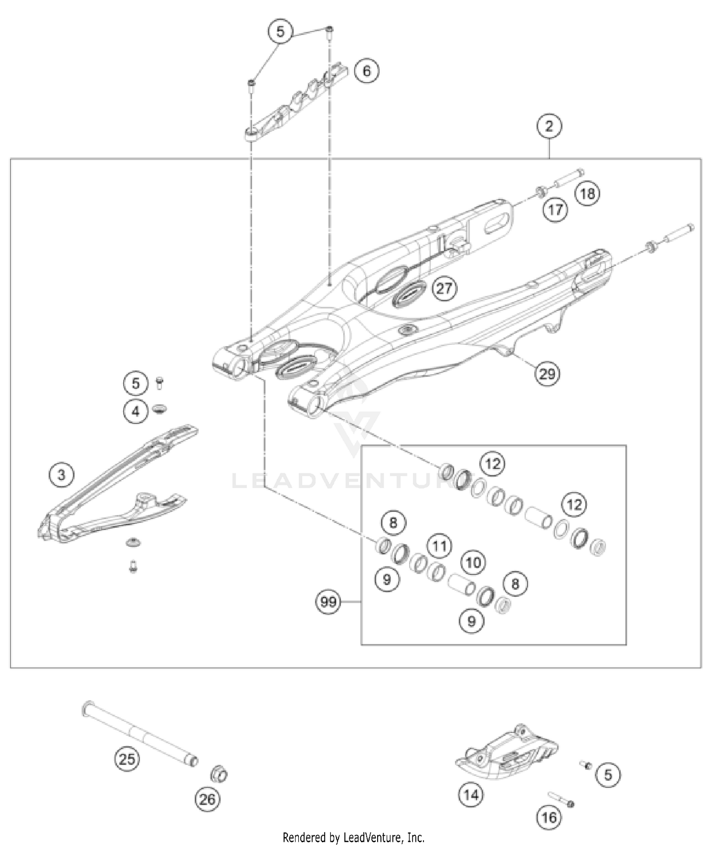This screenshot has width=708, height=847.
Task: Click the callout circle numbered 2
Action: [x=549, y=127]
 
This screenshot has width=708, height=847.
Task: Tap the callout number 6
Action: [x=367, y=71]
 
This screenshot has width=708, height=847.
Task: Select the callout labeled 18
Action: [x=588, y=194]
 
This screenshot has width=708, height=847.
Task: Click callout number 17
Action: [x=555, y=210]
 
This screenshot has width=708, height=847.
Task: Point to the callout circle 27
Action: [x=444, y=288]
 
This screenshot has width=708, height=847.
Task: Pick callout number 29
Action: [x=547, y=374]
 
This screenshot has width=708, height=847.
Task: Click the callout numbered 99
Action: [x=329, y=602]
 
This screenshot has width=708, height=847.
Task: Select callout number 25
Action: [x=126, y=760]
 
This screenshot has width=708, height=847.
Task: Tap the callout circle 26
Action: [x=207, y=799]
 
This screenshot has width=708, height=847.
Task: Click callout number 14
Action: [x=471, y=796]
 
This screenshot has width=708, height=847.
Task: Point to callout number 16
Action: [x=549, y=817]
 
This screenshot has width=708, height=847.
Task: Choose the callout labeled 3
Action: [x=61, y=474]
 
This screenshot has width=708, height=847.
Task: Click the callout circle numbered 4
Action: [x=136, y=411]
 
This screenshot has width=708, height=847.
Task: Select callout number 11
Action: [x=439, y=547]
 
